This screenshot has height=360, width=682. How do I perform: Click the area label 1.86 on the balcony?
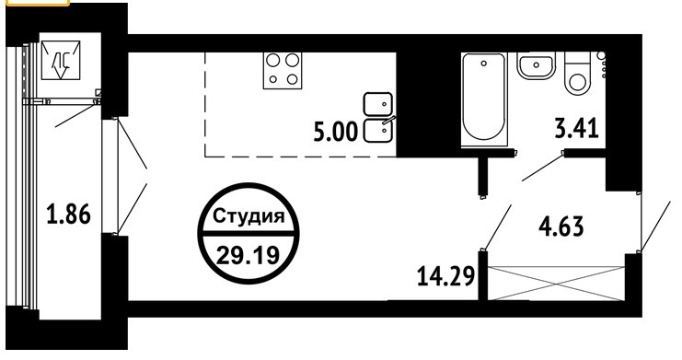(x=69, y=215)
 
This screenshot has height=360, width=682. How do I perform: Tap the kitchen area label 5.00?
(x=335, y=132)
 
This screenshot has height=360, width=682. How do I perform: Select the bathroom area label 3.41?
(x=577, y=128)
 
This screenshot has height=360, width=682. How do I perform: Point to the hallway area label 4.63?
(x=561, y=226)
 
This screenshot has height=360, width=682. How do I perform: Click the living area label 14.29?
(x=445, y=276)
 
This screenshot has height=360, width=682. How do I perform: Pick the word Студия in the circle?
(x=249, y=216)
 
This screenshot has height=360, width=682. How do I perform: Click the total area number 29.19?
(x=247, y=255)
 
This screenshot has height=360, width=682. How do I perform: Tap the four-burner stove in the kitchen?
(x=283, y=70)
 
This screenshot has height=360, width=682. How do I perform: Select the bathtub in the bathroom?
(x=484, y=99)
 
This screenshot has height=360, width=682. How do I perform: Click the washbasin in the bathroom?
(x=536, y=66)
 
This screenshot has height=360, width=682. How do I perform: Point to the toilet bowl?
(x=578, y=74)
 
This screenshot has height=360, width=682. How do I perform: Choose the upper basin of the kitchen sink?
(x=378, y=104)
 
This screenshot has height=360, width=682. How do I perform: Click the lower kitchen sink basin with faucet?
(x=378, y=130)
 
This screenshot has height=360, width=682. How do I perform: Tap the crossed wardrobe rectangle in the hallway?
(x=556, y=283)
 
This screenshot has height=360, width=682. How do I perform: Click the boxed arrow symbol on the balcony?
(x=61, y=61)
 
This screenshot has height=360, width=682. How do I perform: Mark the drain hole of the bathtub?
(x=484, y=64)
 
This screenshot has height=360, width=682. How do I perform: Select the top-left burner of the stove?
(x=272, y=61)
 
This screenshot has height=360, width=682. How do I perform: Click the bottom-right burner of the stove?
(x=293, y=79)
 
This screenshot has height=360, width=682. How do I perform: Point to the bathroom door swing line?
(x=542, y=166)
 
